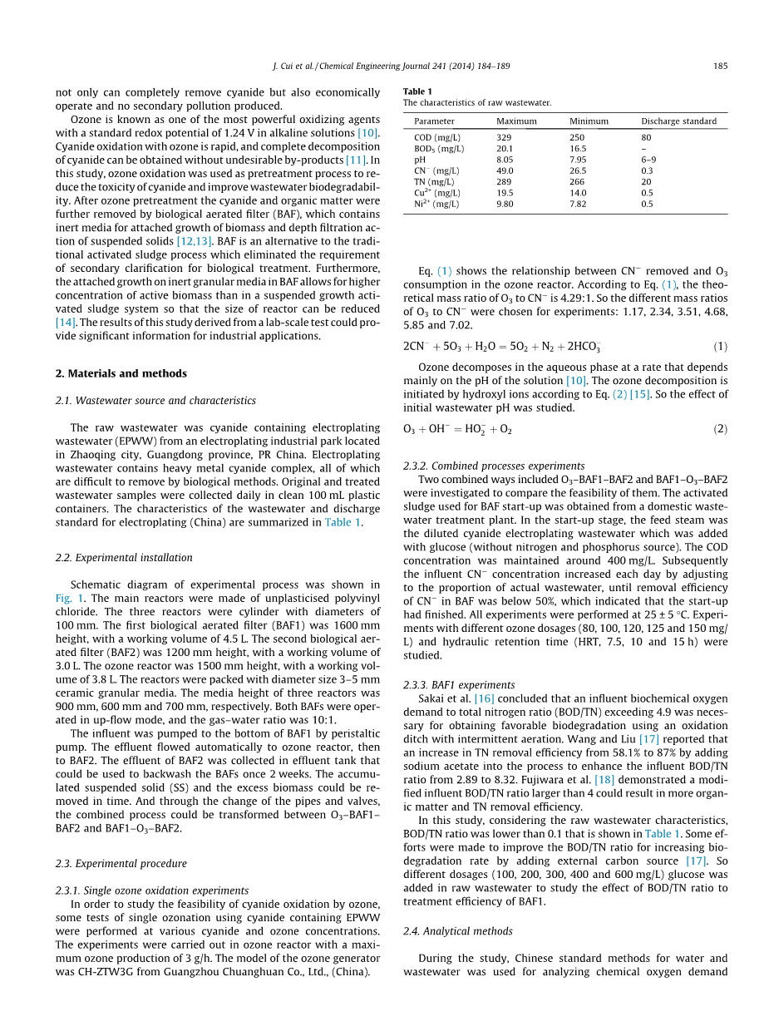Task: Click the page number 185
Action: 721,66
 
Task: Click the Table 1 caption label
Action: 417,91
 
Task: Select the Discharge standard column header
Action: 678,121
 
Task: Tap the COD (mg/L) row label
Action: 437,138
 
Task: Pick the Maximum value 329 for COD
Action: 504,138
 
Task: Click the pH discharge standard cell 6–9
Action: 648,160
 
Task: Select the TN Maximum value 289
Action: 504,182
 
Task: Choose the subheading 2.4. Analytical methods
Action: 458,931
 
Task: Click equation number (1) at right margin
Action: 721,346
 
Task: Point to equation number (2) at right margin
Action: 721,429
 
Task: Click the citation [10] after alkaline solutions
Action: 368,133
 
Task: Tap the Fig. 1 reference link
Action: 67,598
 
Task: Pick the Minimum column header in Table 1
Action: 589,121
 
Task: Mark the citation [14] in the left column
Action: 67,323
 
